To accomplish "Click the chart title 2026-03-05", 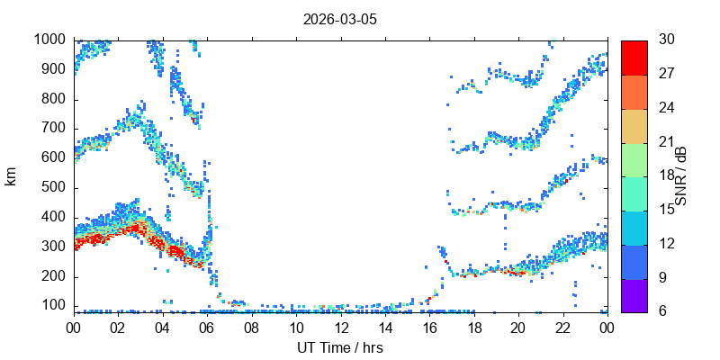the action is [340, 20].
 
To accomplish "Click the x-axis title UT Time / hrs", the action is [340, 347].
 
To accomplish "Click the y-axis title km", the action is [11, 176].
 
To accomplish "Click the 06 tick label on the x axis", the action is [207, 327].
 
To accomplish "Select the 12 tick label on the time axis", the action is [341, 327].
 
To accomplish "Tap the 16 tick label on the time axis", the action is [430, 327].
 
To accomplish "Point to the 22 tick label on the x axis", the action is [563, 327].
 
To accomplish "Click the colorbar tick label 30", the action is [667, 39].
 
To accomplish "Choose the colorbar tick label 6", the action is [662, 311].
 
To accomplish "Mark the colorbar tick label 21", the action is [666, 141].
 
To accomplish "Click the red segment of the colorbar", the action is [634, 58].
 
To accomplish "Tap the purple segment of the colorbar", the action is [634, 296].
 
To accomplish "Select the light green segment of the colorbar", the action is [634, 160].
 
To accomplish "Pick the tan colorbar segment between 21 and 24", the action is [634, 126].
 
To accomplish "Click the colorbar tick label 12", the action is [666, 243].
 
